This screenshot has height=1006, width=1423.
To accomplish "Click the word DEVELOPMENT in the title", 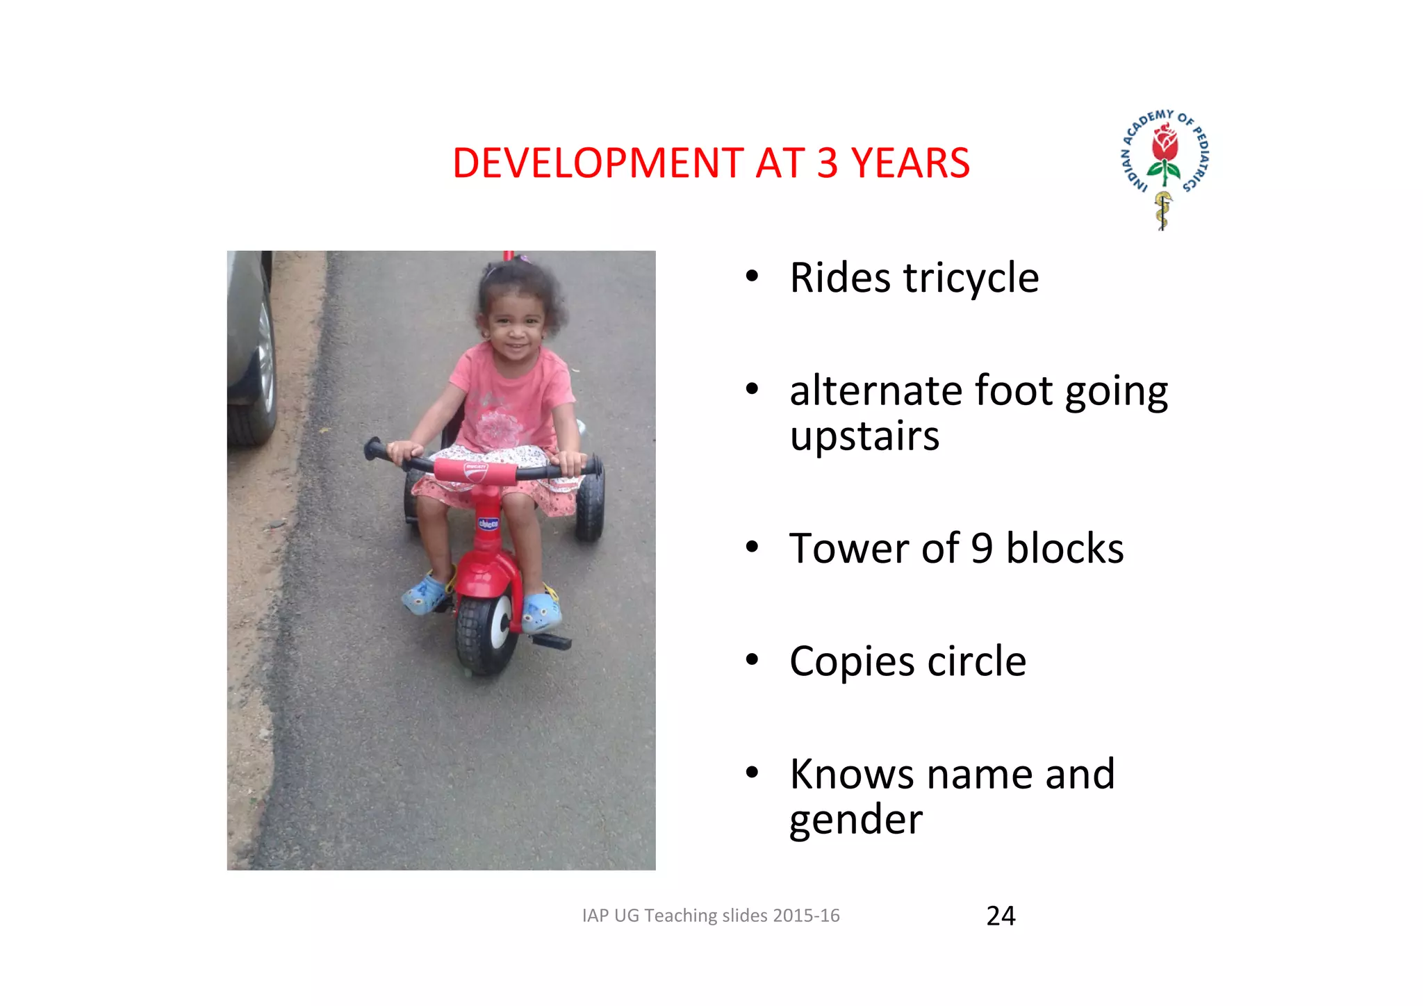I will pyautogui.click(x=598, y=164).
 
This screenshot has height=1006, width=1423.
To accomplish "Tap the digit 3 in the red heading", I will pyautogui.click(x=827, y=164).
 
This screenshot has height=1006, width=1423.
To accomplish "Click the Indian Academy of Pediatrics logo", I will pyautogui.click(x=1165, y=167).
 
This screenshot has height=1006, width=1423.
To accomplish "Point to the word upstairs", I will pyautogui.click(x=864, y=436).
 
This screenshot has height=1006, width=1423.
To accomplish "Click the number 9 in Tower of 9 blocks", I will pyautogui.click(x=981, y=549).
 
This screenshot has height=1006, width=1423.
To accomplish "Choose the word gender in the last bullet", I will pyautogui.click(x=856, y=820).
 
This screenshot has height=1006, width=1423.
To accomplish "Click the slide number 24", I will pyautogui.click(x=1001, y=916).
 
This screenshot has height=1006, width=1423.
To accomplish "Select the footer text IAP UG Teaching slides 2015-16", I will pyautogui.click(x=711, y=916).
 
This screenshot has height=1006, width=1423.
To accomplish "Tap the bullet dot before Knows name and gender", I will pyautogui.click(x=752, y=773).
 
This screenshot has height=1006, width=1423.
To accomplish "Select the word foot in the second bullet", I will pyautogui.click(x=1014, y=390).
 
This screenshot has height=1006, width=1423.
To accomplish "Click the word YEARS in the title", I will pyautogui.click(x=910, y=164).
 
